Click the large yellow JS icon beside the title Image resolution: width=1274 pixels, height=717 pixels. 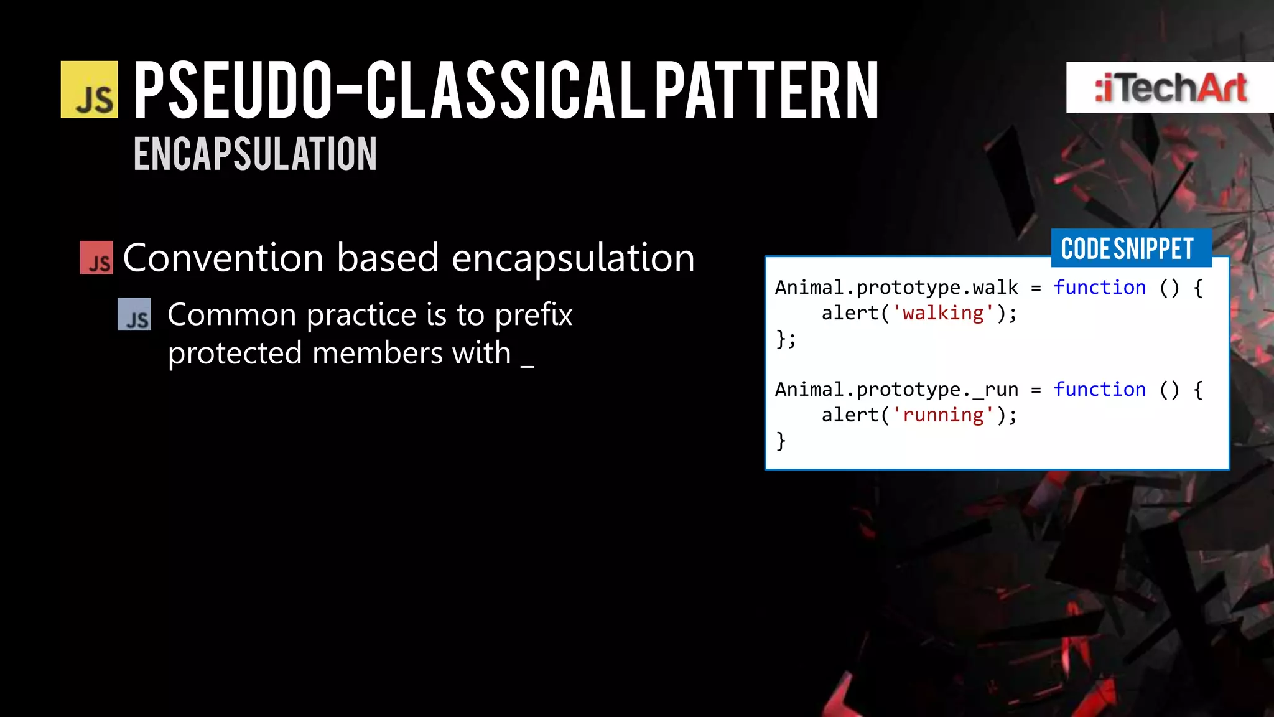[89, 90]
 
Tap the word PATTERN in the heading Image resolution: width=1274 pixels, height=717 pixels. [766, 91]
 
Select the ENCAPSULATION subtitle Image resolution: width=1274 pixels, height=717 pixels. [255, 154]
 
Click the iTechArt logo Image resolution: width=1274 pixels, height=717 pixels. [1169, 88]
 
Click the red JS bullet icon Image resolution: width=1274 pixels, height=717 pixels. [96, 258]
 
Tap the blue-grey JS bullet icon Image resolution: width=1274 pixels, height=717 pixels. [134, 314]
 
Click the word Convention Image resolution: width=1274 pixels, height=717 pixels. [223, 258]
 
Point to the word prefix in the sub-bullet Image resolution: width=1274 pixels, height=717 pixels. [533, 315]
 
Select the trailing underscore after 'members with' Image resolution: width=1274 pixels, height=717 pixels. [527, 364]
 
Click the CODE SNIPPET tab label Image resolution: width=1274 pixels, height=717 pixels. [1127, 248]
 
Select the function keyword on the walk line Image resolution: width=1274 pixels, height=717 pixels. [1099, 288]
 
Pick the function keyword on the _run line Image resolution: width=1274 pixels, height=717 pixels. [1099, 390]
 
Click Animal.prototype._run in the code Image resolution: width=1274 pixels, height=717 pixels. [896, 390]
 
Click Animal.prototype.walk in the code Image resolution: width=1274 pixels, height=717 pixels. [896, 288]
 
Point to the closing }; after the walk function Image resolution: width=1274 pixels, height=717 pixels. [786, 339]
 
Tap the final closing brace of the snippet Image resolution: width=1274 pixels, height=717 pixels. [781, 441]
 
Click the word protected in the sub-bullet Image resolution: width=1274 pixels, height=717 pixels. [235, 354]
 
